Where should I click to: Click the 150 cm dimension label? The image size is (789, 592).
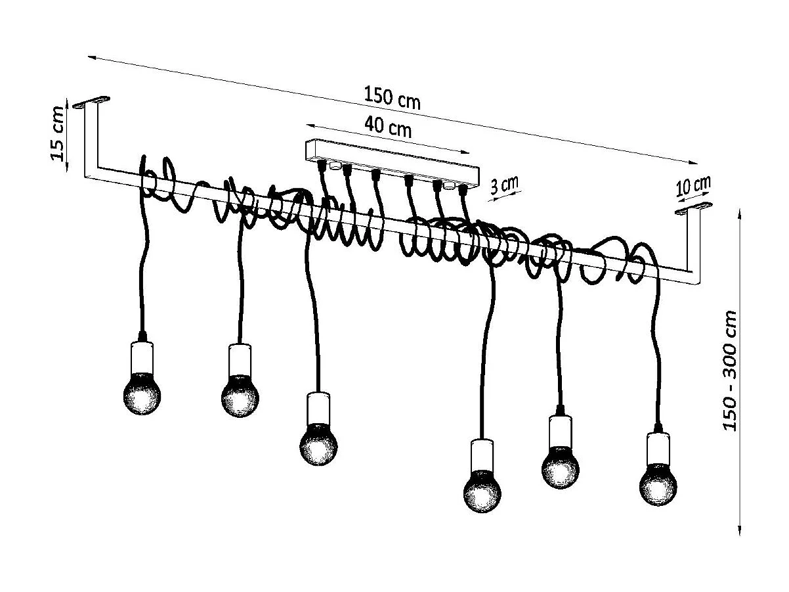pyautogui.click(x=392, y=98)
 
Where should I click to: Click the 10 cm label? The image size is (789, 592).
pyautogui.click(x=693, y=186)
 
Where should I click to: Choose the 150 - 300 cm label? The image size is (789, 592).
pyautogui.click(x=731, y=371)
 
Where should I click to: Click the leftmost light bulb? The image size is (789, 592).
pyautogui.click(x=142, y=393)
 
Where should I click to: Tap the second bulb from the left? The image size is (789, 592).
pyautogui.click(x=240, y=397)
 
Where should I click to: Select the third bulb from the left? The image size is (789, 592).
pyautogui.click(x=318, y=445)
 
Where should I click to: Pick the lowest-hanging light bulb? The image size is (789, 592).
pyautogui.click(x=482, y=491)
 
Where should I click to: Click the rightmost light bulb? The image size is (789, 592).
pyautogui.click(x=658, y=485)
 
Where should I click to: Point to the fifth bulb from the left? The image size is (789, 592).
pyautogui.click(x=561, y=467)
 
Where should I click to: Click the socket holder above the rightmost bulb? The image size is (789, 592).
pyautogui.click(x=657, y=447)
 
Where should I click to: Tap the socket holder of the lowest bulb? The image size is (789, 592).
pyautogui.click(x=482, y=453)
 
